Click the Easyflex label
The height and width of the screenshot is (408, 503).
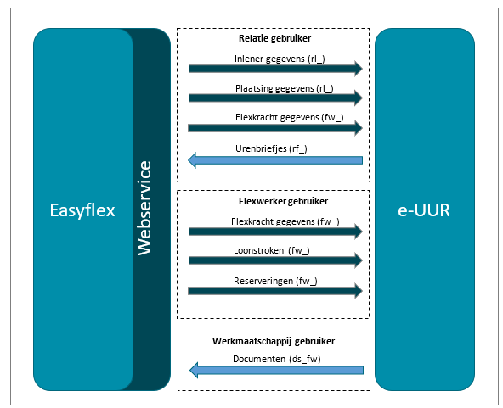coord(82,210)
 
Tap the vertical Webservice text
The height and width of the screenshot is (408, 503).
coord(144,208)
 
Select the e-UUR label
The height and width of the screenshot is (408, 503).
coord(424,210)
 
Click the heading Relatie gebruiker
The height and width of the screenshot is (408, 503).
coord(275,38)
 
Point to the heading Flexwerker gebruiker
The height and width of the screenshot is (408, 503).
coord(283,201)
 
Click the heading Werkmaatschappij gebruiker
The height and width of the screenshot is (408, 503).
coord(274,341)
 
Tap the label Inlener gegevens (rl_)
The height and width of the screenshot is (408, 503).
coord(280,59)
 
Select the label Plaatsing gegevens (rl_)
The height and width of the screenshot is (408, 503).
coord(285,88)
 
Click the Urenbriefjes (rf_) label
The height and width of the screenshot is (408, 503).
coord(271,148)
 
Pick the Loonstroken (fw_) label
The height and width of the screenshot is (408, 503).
coord(272,250)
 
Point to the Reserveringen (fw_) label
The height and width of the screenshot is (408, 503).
coord(275,281)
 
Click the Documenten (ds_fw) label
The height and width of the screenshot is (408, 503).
coord(277,359)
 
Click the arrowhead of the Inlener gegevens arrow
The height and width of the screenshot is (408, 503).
coord(359,69)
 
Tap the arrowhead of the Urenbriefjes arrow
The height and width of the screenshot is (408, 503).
coord(192,160)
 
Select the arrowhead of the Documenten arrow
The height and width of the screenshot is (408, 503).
coord(194,370)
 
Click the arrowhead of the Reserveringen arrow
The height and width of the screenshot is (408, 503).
coord(359,291)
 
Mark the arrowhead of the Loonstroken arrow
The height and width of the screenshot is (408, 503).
coord(359,260)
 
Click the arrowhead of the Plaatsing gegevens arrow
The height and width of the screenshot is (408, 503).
coord(359,98)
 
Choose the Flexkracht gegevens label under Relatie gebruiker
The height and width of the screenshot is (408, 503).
coord(290,118)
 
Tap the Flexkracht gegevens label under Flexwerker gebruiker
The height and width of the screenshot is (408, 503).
coord(285,221)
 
